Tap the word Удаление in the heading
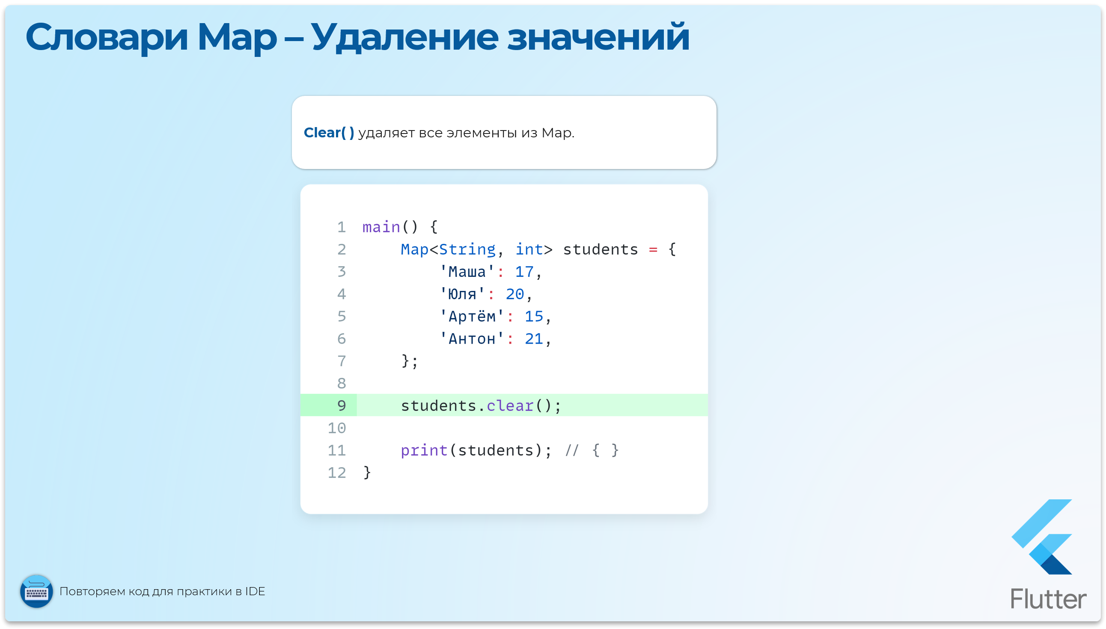[404, 38]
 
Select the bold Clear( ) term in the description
[329, 133]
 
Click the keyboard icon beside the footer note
[37, 591]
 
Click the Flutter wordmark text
[1048, 599]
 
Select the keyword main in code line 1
[381, 227]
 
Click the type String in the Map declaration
[467, 250]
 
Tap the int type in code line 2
[529, 250]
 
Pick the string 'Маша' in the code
[467, 272]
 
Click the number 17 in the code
[524, 272]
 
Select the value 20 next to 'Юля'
[514, 295]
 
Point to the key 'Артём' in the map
[472, 317]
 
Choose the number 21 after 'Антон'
[534, 339]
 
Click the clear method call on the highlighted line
[510, 406]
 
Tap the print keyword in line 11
[424, 451]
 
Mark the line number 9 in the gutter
[341, 406]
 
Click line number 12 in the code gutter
[336, 473]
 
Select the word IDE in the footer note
[255, 591]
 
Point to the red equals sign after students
[653, 250]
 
